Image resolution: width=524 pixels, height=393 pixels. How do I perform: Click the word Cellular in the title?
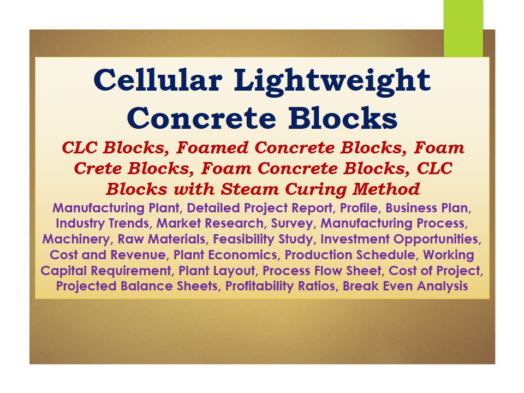tap(158, 81)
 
